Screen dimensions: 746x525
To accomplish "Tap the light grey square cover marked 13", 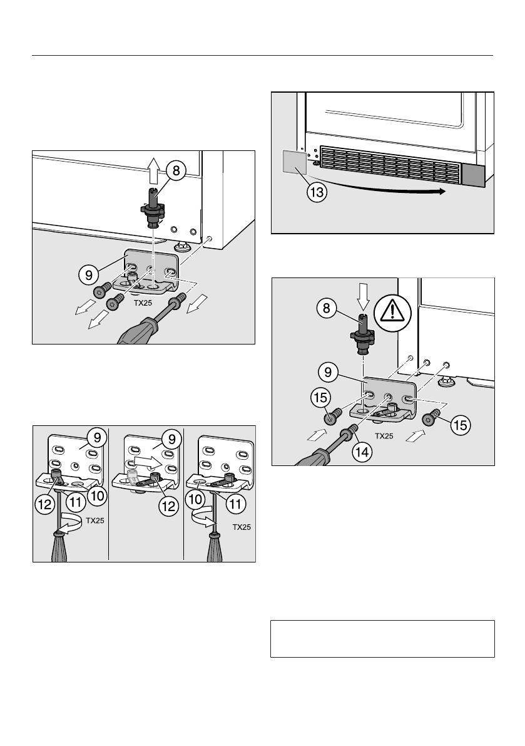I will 292,163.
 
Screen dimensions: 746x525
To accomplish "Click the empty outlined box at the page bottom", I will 382,639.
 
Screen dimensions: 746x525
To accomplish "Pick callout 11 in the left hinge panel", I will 77,502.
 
